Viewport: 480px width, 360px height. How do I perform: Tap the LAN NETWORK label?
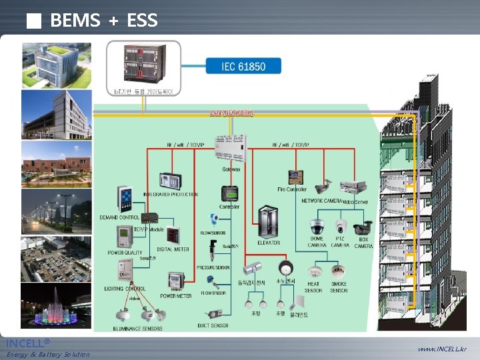coord(231,113)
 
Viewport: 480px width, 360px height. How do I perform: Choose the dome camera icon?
coord(316,227)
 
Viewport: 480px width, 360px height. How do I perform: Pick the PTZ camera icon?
coord(341,227)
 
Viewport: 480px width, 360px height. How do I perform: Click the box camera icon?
coord(363,227)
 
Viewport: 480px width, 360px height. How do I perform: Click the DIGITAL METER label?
coord(173,249)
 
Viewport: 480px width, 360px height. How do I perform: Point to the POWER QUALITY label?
coord(125,253)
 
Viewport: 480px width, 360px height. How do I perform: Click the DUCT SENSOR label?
coord(213,325)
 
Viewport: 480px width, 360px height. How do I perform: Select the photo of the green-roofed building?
coord(55,66)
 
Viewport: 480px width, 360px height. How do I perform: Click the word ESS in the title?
coord(142,21)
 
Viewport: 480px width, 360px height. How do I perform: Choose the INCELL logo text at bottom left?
coord(27,343)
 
